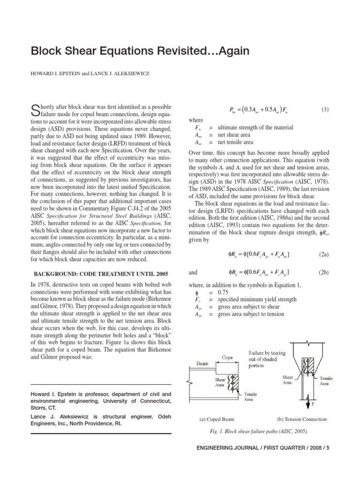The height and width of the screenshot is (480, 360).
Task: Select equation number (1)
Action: tap(325, 110)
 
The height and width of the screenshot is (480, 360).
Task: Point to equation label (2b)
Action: tap(323, 272)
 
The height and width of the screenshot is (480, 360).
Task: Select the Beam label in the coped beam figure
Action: tap(203, 363)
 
